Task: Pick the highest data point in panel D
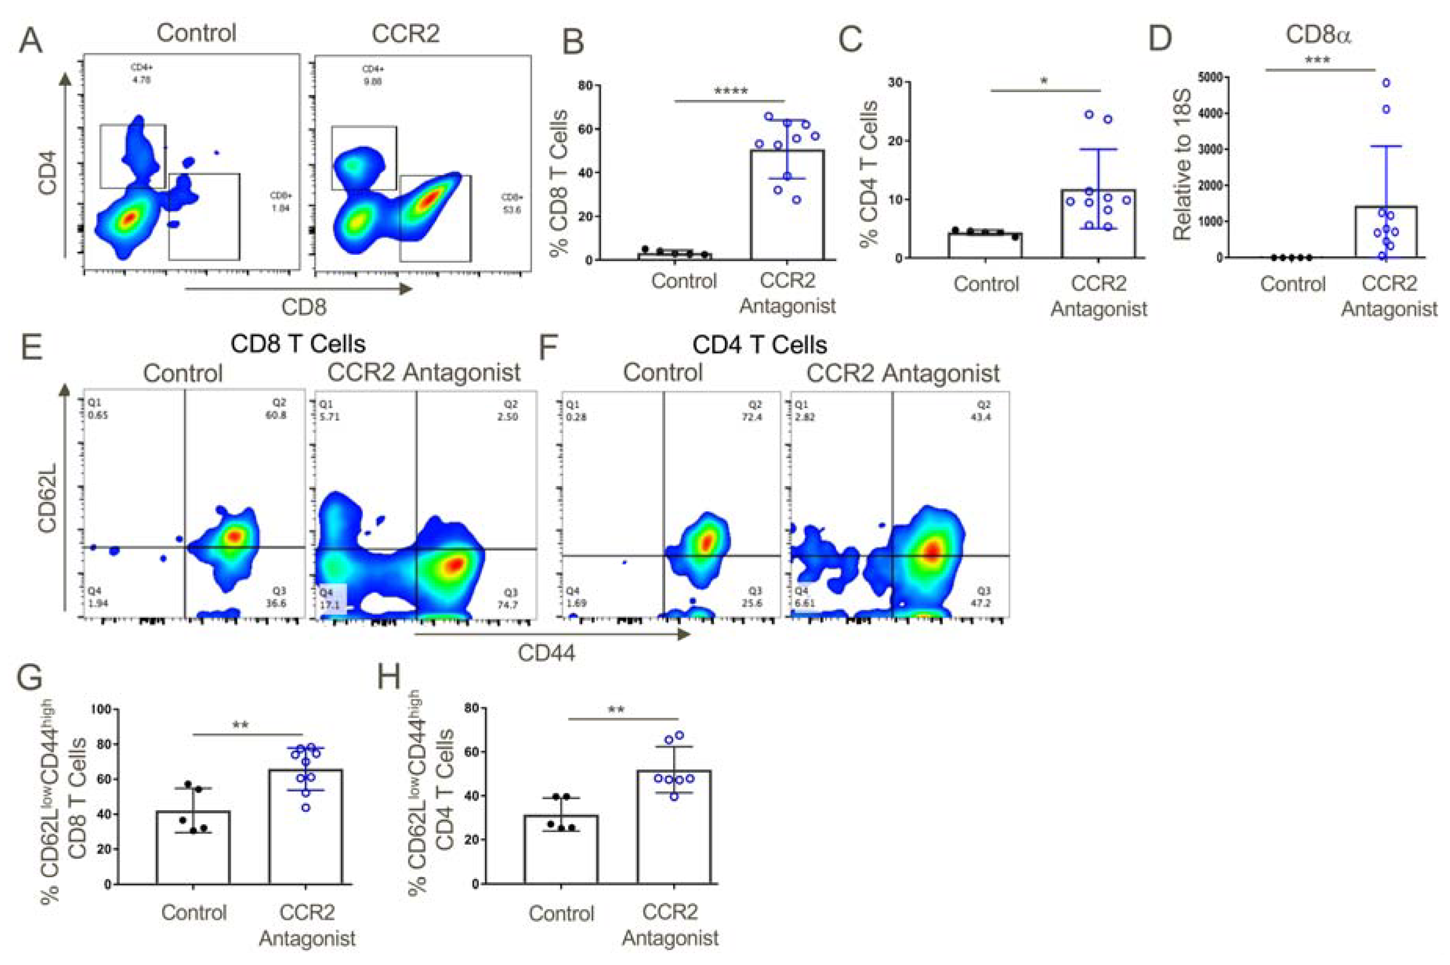[x=1386, y=82]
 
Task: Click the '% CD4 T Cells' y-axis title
[x=869, y=174]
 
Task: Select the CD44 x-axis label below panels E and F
[x=546, y=652]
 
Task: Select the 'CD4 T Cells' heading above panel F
[x=759, y=345]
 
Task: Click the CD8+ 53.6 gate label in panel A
[x=511, y=204]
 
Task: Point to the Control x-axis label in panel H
[x=561, y=913]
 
